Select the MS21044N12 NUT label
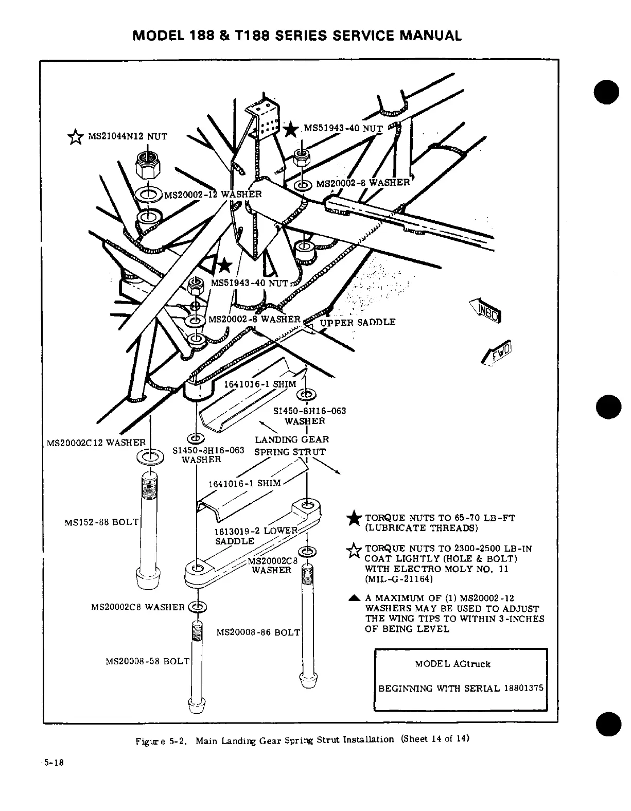128,136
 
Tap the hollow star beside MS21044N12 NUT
76,137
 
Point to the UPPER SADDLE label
358,322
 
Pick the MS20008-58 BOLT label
147,661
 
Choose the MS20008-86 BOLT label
258,632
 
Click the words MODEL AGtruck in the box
452,664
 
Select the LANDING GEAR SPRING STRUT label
291,446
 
